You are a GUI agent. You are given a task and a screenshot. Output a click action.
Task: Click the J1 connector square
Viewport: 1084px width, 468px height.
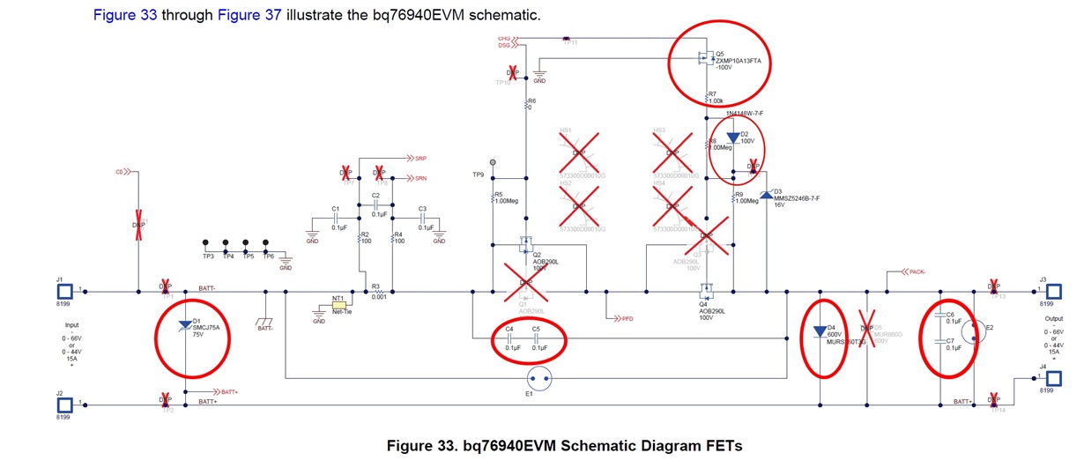64,290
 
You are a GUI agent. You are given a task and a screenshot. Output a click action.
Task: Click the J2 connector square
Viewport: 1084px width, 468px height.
64,405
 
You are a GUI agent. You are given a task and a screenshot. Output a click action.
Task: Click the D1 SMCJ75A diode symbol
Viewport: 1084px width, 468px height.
184,326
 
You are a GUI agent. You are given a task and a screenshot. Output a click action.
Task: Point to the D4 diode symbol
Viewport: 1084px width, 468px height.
820,332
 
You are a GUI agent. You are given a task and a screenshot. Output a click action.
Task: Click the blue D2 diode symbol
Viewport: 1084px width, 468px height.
732,138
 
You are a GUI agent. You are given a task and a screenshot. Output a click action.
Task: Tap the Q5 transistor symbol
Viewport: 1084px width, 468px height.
705,59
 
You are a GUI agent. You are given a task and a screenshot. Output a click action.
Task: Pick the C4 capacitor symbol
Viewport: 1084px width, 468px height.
511,338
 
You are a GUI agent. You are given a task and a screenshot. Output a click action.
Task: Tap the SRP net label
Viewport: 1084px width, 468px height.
420,159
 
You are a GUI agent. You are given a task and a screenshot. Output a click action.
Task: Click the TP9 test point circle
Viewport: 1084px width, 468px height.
493,163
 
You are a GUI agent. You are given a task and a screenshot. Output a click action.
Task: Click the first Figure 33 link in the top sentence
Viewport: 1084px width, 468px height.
124,17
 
